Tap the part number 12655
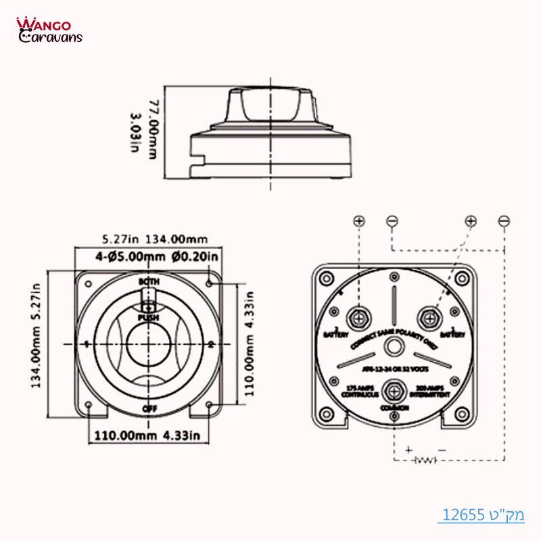(465, 515)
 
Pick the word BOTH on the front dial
(148, 281)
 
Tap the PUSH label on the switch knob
(148, 316)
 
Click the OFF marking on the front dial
(149, 410)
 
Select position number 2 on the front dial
(212, 345)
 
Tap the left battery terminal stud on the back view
(357, 317)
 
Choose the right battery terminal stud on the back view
(428, 316)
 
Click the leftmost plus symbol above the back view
(359, 221)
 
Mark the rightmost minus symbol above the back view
(503, 221)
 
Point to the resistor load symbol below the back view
(425, 461)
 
